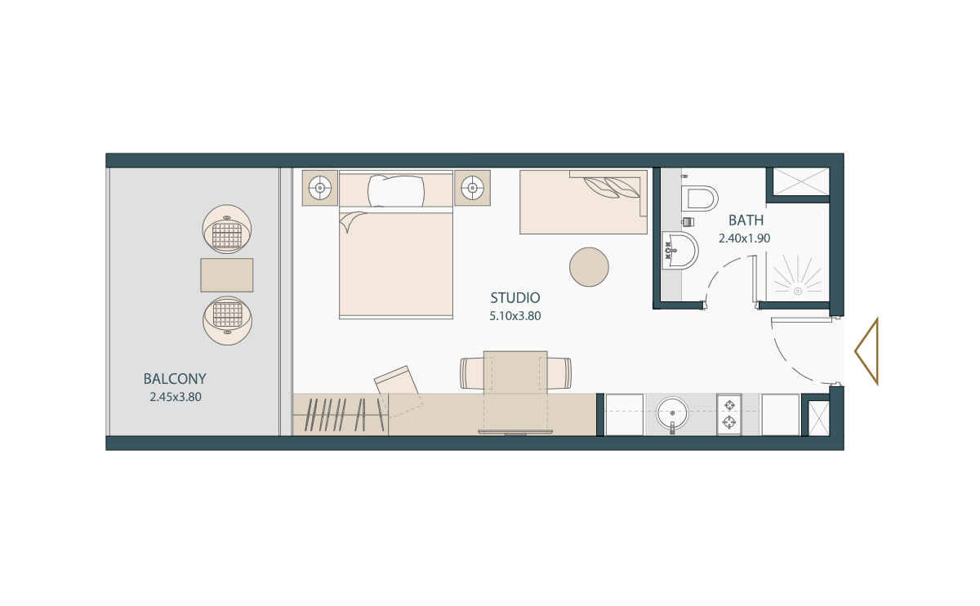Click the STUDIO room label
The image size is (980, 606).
click(x=514, y=298)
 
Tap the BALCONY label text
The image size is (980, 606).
click(x=175, y=379)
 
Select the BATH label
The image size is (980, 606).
click(x=746, y=221)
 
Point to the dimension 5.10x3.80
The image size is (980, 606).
click(x=514, y=315)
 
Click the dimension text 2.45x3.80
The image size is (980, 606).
click(x=175, y=398)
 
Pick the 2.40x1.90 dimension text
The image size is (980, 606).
click(x=745, y=238)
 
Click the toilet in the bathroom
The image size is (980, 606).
click(x=700, y=198)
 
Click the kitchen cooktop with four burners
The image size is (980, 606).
click(x=728, y=413)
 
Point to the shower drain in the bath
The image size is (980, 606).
click(x=797, y=289)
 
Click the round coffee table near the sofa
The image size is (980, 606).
click(x=589, y=267)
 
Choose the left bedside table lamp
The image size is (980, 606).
click(x=319, y=189)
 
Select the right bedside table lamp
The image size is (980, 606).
click(x=471, y=189)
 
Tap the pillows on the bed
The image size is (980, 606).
click(x=396, y=191)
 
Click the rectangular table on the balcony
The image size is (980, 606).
click(x=227, y=275)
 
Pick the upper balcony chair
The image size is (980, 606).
click(x=228, y=231)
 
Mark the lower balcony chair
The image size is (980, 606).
click(x=227, y=319)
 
